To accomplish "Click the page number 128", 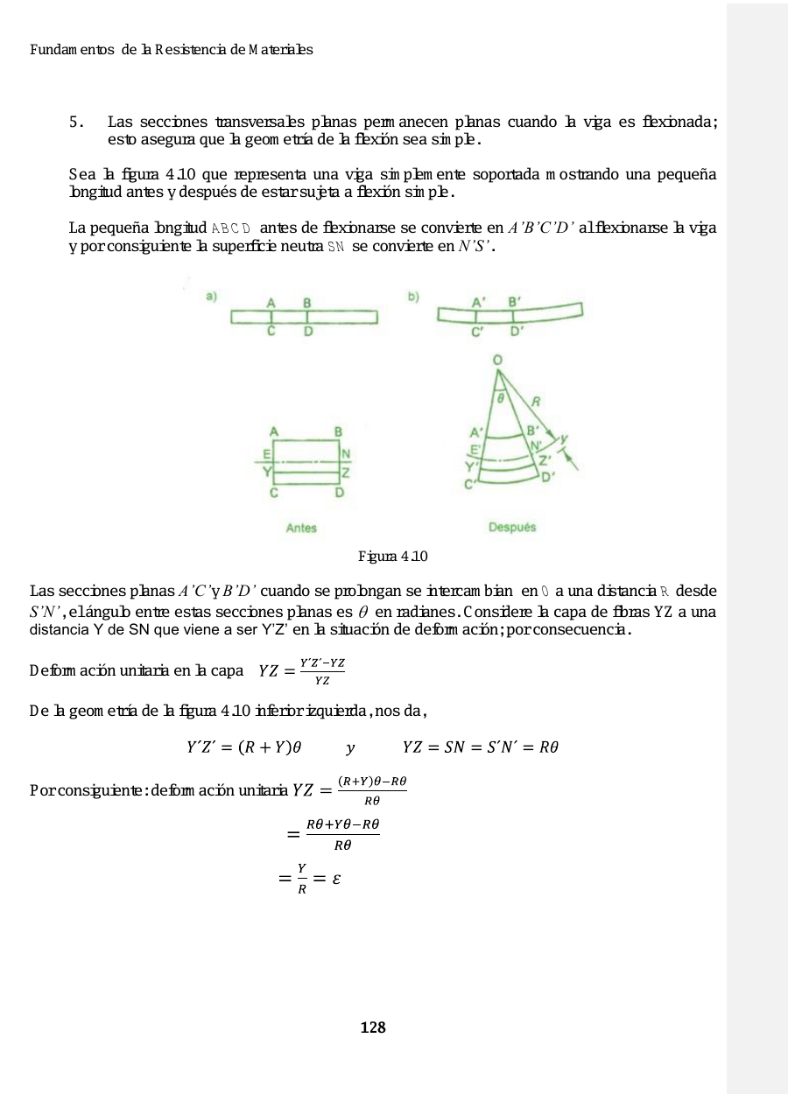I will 373,1027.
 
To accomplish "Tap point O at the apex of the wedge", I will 497,360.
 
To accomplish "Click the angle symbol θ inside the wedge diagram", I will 501,396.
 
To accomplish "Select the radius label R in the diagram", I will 535,402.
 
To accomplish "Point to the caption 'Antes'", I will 301,528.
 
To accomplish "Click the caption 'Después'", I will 512,527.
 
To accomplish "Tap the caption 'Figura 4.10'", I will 393,557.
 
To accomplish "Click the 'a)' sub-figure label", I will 212,298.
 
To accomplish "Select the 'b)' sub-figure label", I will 413,298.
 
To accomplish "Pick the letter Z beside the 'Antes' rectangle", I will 346,473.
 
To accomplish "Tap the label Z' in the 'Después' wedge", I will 545,459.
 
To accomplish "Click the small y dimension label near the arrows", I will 564,438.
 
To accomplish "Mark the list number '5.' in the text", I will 77,122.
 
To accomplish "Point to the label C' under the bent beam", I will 477,333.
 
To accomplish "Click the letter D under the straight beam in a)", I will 307,332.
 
